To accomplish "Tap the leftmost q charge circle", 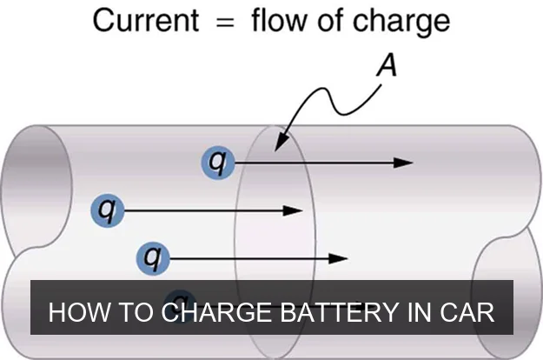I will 107,210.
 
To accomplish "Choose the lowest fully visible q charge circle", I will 154,257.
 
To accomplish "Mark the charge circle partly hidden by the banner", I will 179,294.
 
